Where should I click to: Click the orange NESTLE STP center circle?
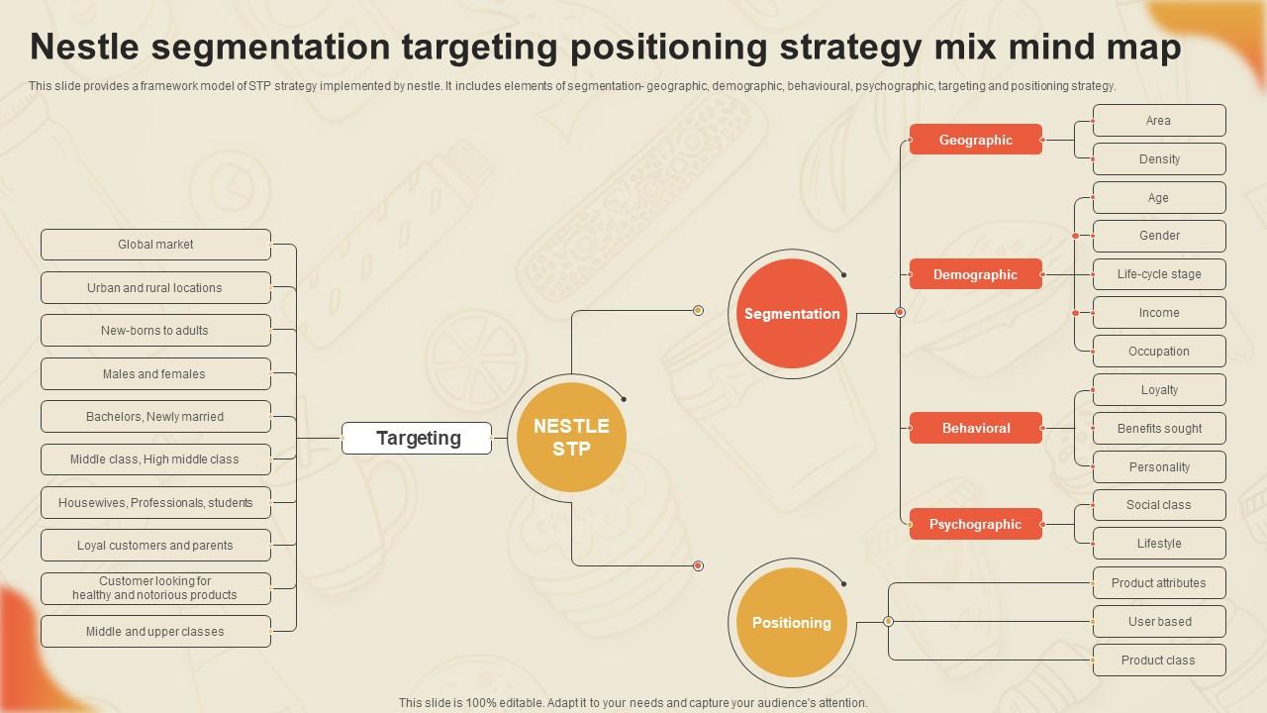pyautogui.click(x=571, y=437)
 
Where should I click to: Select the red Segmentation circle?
pyautogui.click(x=792, y=314)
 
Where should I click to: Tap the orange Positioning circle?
pyautogui.click(x=792, y=623)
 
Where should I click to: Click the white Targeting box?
pyautogui.click(x=417, y=438)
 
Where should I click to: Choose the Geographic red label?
pyautogui.click(x=975, y=140)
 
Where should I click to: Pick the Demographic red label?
pyautogui.click(x=975, y=274)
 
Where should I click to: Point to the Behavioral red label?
pyautogui.click(x=975, y=428)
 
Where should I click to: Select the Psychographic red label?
pyautogui.click(x=975, y=524)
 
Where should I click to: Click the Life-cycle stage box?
pyautogui.click(x=1159, y=274)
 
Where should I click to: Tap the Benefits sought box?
pyautogui.click(x=1159, y=429)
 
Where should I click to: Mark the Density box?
pyautogui.click(x=1159, y=159)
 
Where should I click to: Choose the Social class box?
pyautogui.click(x=1159, y=505)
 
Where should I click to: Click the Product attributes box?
pyautogui.click(x=1159, y=583)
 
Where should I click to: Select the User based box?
pyautogui.click(x=1159, y=622)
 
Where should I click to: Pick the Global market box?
pyautogui.click(x=155, y=245)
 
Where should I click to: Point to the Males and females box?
pyautogui.click(x=155, y=374)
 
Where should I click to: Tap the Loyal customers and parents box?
pyautogui.click(x=155, y=546)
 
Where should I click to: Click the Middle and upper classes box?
pyautogui.click(x=155, y=632)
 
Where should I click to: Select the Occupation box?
pyautogui.click(x=1159, y=352)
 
